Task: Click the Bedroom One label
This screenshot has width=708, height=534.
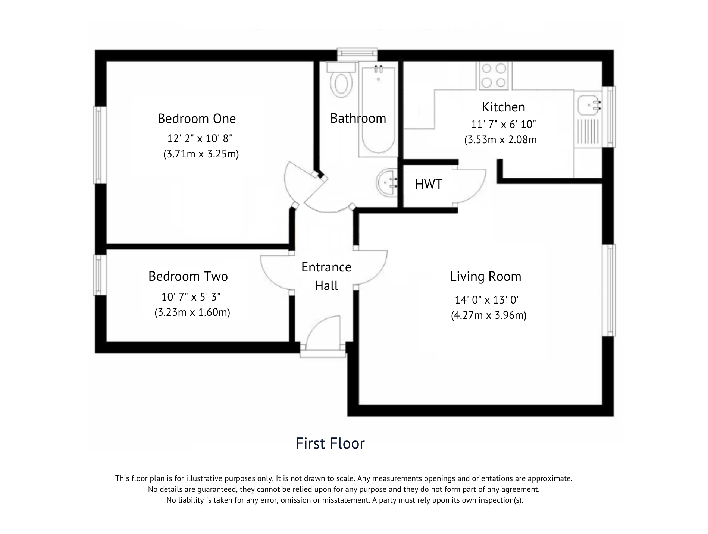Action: pyautogui.click(x=197, y=119)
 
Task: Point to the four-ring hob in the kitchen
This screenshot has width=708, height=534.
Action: pyautogui.click(x=494, y=76)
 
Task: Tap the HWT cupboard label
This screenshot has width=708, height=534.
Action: pyautogui.click(x=429, y=184)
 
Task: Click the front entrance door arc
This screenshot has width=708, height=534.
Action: pyautogui.click(x=324, y=333)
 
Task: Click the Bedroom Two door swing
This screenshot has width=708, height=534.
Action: pyautogui.click(x=275, y=271)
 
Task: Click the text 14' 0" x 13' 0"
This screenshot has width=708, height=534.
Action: pyautogui.click(x=487, y=300)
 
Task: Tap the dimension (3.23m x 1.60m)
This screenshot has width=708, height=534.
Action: pyautogui.click(x=192, y=312)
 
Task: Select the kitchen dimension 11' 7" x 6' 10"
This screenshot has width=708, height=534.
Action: pyautogui.click(x=504, y=124)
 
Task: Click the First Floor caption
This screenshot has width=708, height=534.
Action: pyautogui.click(x=330, y=443)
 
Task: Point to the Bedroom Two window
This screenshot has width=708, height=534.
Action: pyautogui.click(x=98, y=275)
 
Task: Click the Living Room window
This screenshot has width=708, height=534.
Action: pyautogui.click(x=609, y=290)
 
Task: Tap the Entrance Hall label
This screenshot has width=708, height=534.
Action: pyautogui.click(x=326, y=276)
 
